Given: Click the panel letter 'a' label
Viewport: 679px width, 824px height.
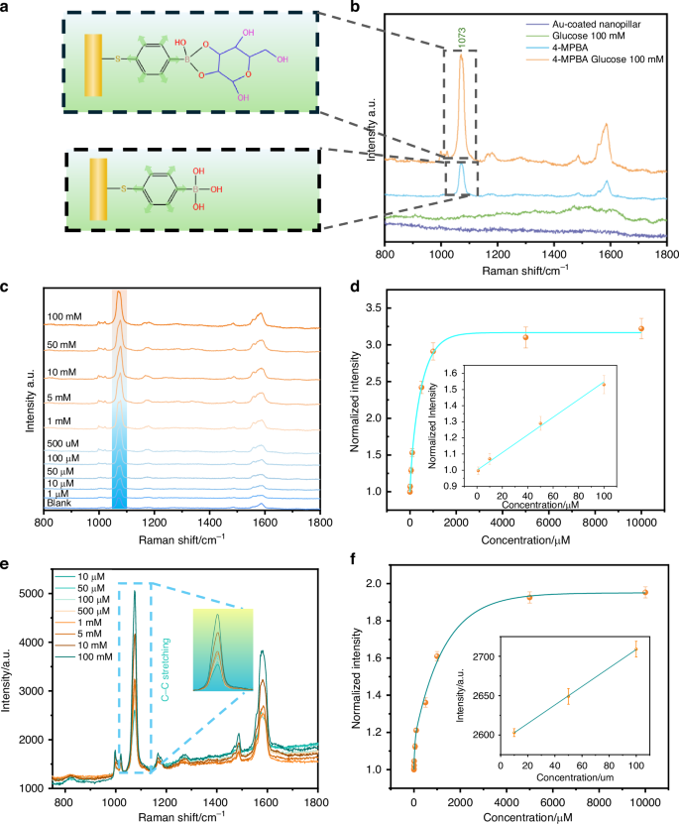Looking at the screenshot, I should pyautogui.click(x=9, y=8).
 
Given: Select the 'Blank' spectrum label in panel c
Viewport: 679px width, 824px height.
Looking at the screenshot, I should pyautogui.click(x=59, y=504).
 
